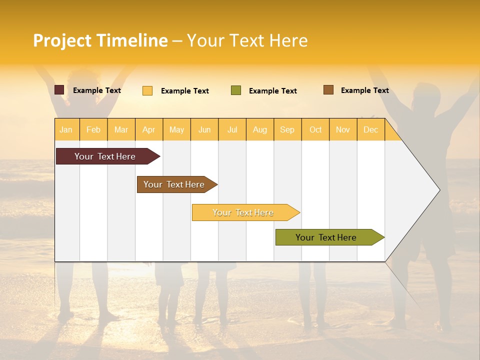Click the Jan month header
tap(66, 129)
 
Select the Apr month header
tap(148, 129)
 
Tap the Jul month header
tap(232, 129)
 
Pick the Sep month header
tap(287, 129)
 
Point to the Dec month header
tap(370, 129)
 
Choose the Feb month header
tap(93, 129)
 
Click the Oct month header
tap(315, 129)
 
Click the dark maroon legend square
tap(59, 90)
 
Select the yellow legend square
tap(147, 90)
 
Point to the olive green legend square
tap(236, 90)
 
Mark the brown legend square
tap(328, 90)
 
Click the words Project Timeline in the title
tap(100, 40)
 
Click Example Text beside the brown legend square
tap(364, 90)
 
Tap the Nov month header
tap(343, 129)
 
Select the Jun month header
tap(204, 129)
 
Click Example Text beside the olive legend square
tap(272, 91)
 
